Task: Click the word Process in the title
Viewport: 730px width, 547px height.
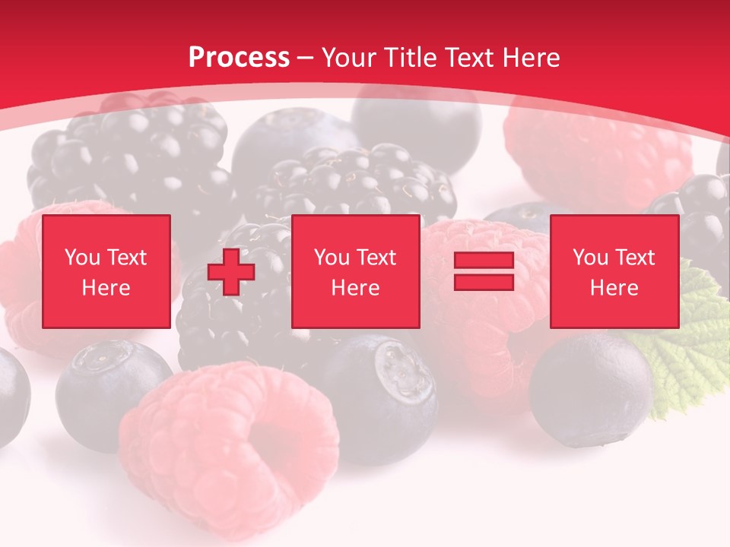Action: tap(239, 58)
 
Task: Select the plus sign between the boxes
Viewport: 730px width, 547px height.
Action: tap(231, 272)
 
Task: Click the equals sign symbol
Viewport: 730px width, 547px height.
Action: tap(484, 271)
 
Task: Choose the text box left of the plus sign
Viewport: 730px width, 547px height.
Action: tap(106, 271)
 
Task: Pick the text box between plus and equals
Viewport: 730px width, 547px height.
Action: tap(355, 271)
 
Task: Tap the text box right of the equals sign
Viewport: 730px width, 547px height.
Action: tap(614, 271)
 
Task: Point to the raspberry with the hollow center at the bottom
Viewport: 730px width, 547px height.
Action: tap(228, 441)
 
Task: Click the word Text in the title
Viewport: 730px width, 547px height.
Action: tap(470, 58)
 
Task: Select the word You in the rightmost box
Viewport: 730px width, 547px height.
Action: tap(589, 258)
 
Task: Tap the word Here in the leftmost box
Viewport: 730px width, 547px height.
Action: tap(106, 288)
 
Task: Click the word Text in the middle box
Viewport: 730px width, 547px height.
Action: tap(376, 258)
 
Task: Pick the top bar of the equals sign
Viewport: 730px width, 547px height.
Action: tap(484, 261)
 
